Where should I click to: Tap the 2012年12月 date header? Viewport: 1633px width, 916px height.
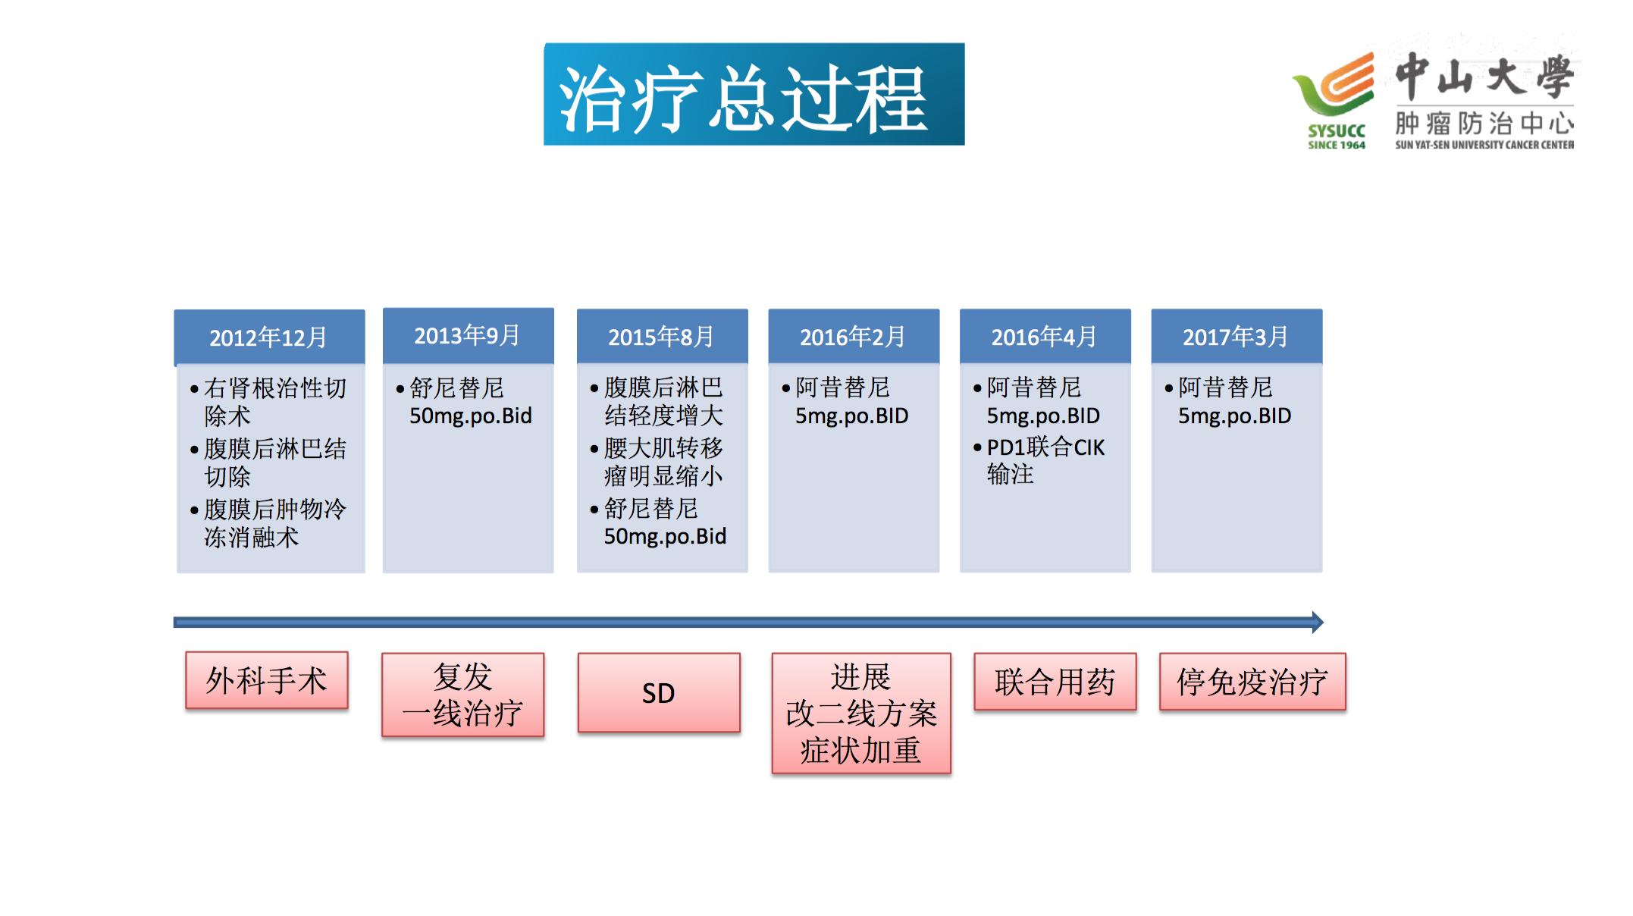[268, 337]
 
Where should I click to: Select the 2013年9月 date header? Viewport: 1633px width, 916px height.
[467, 335]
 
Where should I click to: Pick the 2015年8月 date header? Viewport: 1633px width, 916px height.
[661, 336]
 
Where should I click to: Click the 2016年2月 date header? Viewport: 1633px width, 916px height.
[853, 336]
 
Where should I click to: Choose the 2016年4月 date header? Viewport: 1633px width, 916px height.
[1045, 336]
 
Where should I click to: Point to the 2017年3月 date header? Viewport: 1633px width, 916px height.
[1236, 336]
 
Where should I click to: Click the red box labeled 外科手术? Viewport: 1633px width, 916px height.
[267, 680]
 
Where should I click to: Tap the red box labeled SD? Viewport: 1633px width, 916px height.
[658, 692]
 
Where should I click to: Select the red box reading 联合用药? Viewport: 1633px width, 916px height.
[1055, 682]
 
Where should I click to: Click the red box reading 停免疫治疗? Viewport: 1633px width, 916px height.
[1252, 682]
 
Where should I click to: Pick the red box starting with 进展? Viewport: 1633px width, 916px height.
[860, 713]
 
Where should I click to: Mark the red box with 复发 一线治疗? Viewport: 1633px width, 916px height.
[462, 694]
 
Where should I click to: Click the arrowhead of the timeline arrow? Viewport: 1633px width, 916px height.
[1318, 623]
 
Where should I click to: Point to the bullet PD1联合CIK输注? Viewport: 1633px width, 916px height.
[1045, 460]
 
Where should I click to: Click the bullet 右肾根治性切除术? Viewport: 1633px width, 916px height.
[274, 401]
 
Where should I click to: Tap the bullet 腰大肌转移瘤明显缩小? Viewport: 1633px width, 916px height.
[663, 462]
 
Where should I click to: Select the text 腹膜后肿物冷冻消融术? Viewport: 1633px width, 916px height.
[274, 522]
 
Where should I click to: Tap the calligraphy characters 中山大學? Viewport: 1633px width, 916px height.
[1484, 77]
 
